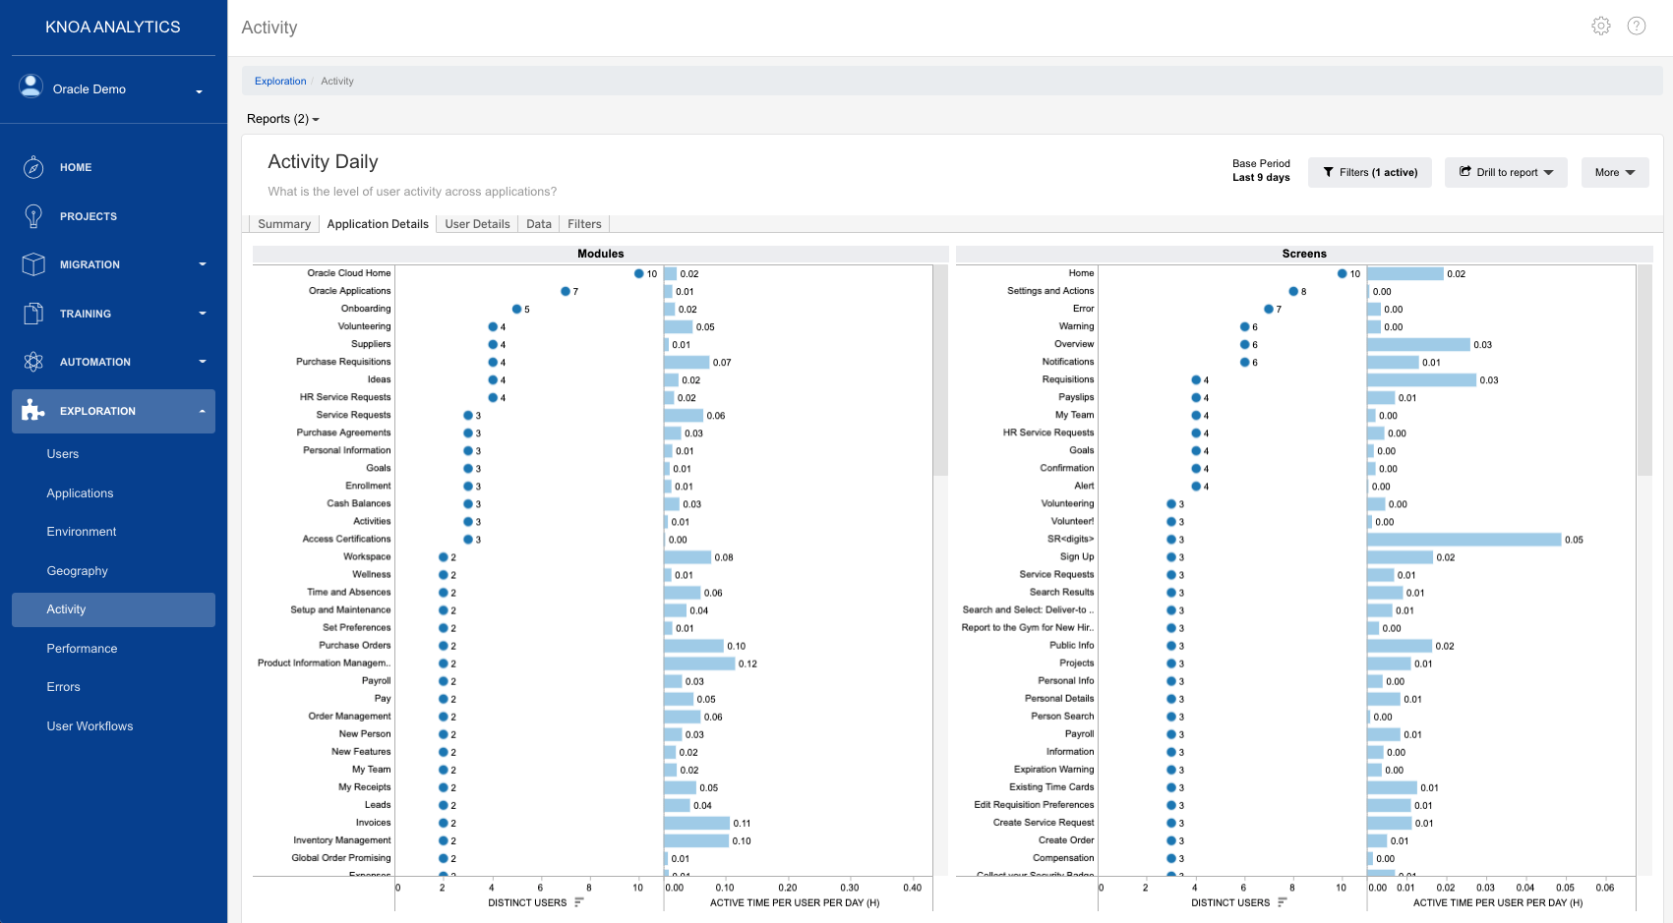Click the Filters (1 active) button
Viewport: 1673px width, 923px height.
1369,172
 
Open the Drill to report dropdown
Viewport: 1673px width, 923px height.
1505,172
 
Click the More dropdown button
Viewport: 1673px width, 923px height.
1614,172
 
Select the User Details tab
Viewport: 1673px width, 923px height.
477,224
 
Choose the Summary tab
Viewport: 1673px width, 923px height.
284,224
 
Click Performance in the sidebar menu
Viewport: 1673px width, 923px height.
82,649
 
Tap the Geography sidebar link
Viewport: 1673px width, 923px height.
77,571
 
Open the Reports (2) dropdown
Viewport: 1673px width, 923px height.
282,119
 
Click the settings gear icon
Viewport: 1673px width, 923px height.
1600,27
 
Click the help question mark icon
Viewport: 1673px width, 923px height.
1636,27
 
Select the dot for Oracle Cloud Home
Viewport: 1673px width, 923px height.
638,274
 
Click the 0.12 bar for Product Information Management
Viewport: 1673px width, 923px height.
698,663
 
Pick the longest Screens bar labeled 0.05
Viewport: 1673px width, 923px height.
1464,540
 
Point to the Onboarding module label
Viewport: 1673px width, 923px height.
365,309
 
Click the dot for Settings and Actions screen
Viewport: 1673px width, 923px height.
1293,292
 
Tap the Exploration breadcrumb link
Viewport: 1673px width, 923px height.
280,82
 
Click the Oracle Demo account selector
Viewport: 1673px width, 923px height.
112,89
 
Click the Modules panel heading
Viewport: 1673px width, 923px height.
600,254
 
